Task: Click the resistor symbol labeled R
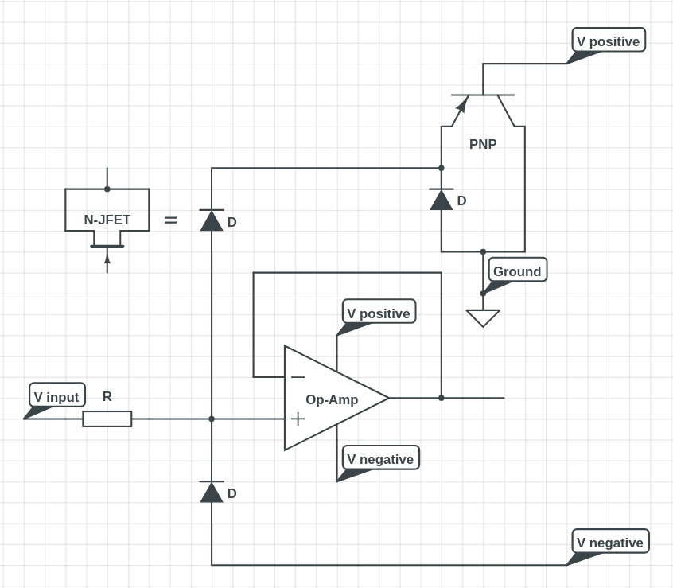pos(107,419)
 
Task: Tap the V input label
pos(56,396)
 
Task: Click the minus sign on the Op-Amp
pos(298,377)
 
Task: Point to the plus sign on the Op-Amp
pos(298,419)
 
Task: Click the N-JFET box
pos(107,210)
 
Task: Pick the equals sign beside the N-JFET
pos(170,220)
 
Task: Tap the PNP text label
pos(483,144)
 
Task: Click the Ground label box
pos(517,271)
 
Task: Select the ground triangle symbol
pos(483,317)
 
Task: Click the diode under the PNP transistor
pos(442,199)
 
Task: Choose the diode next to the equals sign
pos(212,220)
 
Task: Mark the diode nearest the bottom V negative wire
pos(212,492)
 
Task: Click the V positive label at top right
pos(609,41)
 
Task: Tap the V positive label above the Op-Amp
pos(379,313)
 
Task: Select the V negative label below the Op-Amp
pos(380,458)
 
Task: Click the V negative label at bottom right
pos(610,542)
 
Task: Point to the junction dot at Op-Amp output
pos(442,398)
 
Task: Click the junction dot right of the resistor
pos(212,419)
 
